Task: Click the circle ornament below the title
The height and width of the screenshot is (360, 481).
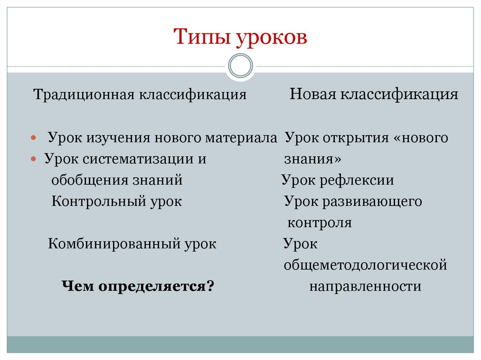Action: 240,66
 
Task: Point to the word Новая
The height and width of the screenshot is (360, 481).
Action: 311,94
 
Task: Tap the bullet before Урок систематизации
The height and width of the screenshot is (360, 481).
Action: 33,160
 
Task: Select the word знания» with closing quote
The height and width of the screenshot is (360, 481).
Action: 312,159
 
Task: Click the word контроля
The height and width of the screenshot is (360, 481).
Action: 320,222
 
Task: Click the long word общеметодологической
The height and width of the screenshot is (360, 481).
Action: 365,265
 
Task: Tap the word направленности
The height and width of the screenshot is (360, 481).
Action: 365,286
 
